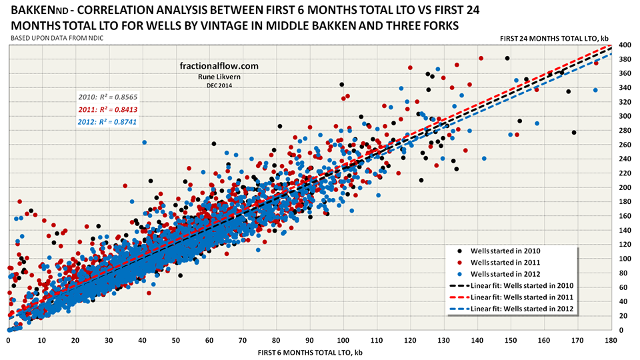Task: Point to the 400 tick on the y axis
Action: click(x=624, y=45)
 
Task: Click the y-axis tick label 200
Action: click(x=624, y=187)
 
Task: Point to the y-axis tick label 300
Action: click(x=624, y=116)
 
